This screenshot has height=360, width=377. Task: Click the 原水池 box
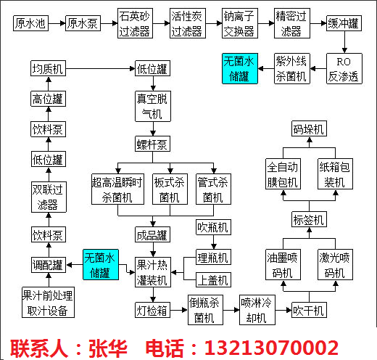coord(30,23)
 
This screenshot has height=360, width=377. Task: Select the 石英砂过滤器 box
coord(135,23)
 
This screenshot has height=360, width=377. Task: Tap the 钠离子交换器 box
coord(240,23)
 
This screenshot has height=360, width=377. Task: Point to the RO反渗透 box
coord(344,69)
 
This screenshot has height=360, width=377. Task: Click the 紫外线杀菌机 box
coord(292,69)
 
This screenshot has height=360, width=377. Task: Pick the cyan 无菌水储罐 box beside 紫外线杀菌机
coord(240,69)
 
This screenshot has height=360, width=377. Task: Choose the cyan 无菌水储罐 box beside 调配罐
coord(101,265)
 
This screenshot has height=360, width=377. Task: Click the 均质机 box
coord(48,68)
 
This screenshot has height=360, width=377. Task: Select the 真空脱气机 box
coord(153,106)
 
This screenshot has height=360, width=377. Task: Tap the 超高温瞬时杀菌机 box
coord(117,189)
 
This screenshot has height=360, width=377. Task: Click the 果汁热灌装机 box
coord(153,272)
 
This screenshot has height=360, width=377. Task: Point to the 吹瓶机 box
coord(213,227)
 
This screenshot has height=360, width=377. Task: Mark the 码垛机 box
coord(309,128)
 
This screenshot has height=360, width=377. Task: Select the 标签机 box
coord(309,219)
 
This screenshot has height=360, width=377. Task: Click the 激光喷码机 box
coord(335,265)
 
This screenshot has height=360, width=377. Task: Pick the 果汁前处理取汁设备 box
coord(48,303)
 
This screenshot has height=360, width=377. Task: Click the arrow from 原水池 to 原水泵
coord(57,23)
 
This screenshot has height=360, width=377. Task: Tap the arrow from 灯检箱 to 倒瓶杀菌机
coord(179,310)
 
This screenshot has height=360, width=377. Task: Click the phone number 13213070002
coord(271,348)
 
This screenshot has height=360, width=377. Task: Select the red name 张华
coord(108,348)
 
